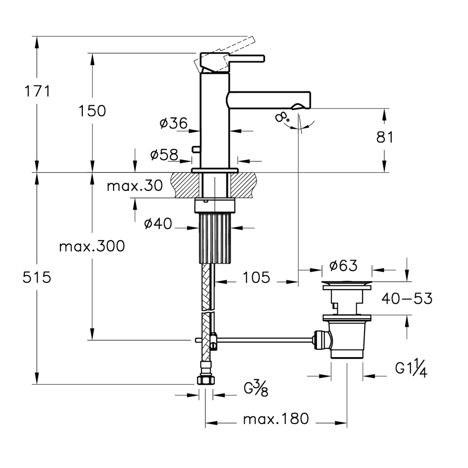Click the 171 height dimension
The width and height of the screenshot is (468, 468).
click(x=37, y=91)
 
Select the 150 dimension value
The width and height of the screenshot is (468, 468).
click(x=92, y=111)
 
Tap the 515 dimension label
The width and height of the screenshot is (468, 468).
click(x=37, y=278)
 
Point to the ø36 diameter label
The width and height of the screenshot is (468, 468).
click(x=174, y=123)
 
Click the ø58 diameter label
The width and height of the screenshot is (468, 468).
click(x=164, y=154)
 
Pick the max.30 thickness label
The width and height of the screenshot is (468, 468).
click(x=135, y=186)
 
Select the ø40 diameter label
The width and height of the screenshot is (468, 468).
click(x=158, y=223)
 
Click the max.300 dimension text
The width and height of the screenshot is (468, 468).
click(x=92, y=247)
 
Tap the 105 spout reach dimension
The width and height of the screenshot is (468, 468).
click(x=256, y=278)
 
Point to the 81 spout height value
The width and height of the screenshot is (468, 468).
click(x=385, y=137)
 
